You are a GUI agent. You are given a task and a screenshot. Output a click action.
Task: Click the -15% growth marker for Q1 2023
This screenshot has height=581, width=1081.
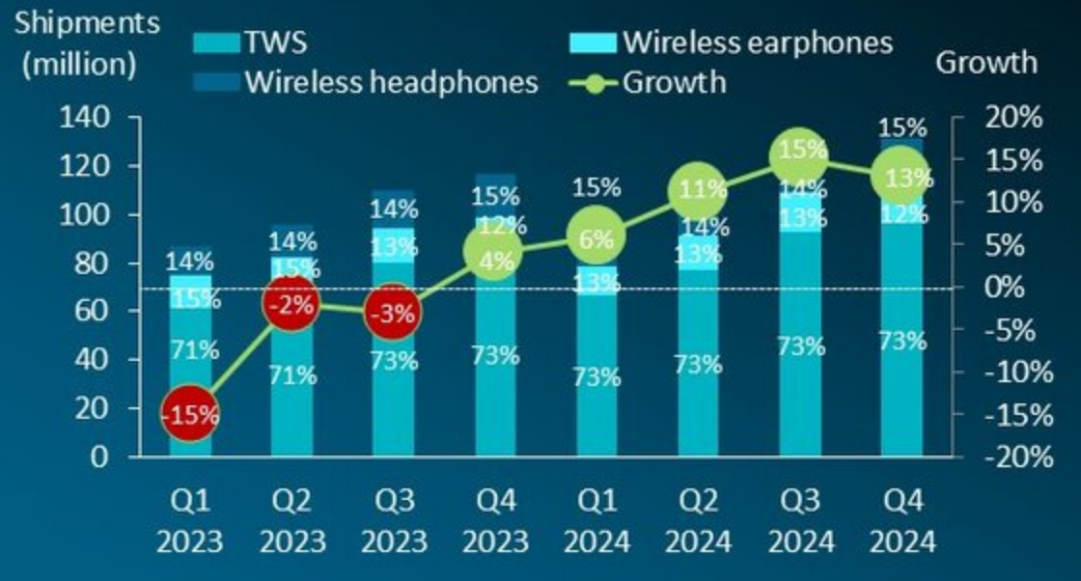[189, 415]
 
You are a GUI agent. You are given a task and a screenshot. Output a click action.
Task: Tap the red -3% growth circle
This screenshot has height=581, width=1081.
[393, 314]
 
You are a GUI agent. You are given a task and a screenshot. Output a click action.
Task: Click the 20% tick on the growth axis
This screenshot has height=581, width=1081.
[1014, 118]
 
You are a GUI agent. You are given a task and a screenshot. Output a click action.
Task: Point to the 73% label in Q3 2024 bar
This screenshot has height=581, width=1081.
[801, 346]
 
